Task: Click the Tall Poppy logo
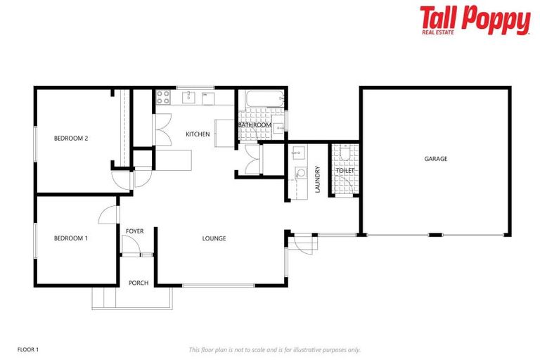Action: click(475, 20)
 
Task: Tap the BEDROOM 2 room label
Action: click(71, 139)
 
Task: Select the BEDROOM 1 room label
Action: click(71, 238)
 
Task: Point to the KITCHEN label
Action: click(198, 134)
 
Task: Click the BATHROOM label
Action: click(255, 125)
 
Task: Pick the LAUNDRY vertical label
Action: click(318, 179)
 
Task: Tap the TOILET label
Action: click(345, 171)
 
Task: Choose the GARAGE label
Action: click(436, 160)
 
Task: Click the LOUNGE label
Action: click(214, 238)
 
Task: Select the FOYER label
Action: click(135, 231)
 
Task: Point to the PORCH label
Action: click(139, 283)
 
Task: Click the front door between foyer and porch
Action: click(131, 246)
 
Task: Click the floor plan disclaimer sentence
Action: click(275, 349)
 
